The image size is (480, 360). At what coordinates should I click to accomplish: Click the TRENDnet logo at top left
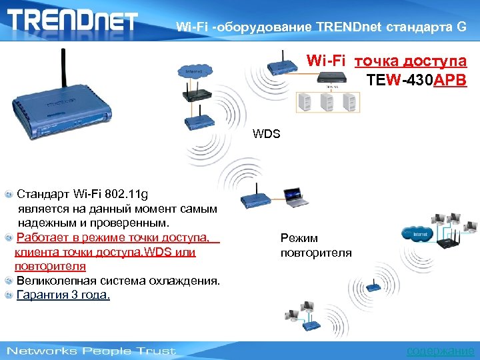pyautogui.click(x=72, y=19)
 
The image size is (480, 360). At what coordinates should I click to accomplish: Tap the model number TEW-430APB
pyautogui.click(x=417, y=81)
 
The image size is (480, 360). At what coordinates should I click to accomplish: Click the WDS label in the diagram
pyautogui.click(x=267, y=134)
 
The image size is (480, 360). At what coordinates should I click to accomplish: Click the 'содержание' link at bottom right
pyautogui.click(x=440, y=351)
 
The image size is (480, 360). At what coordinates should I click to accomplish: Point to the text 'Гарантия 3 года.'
pyautogui.click(x=63, y=295)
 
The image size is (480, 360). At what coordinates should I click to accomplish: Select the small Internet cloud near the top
pyautogui.click(x=194, y=71)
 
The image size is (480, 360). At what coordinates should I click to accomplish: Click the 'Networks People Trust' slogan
pyautogui.click(x=91, y=351)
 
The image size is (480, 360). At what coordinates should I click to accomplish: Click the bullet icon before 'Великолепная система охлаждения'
pyautogui.click(x=8, y=281)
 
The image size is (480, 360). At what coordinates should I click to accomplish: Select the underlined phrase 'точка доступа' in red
pyautogui.click(x=410, y=62)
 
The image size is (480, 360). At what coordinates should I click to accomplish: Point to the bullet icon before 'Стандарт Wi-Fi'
pyautogui.click(x=8, y=195)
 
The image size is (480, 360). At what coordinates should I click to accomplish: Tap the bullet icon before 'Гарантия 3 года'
pyautogui.click(x=8, y=295)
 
